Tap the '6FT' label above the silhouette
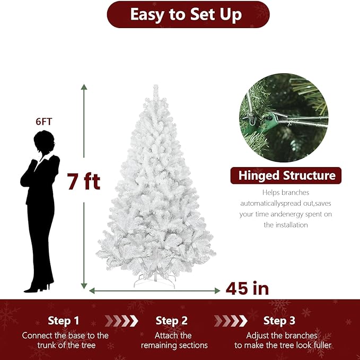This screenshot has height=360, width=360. click(x=44, y=121)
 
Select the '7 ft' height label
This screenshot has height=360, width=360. click(x=83, y=181)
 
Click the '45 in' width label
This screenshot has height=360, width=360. click(x=247, y=288)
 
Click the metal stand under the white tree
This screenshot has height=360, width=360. click(x=154, y=281)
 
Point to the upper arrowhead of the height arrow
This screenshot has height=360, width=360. click(x=84, y=87)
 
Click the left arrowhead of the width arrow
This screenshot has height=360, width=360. click(x=92, y=290)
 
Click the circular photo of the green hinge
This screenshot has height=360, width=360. click(x=283, y=118)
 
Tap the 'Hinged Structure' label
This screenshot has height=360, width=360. click(x=286, y=175)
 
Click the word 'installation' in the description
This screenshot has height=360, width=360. click(x=286, y=225)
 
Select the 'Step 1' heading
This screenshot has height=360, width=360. click(x=63, y=321)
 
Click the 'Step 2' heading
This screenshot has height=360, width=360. click(x=172, y=321)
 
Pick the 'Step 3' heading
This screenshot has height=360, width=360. click(x=279, y=321)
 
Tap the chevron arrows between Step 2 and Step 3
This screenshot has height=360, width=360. click(x=230, y=321)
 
